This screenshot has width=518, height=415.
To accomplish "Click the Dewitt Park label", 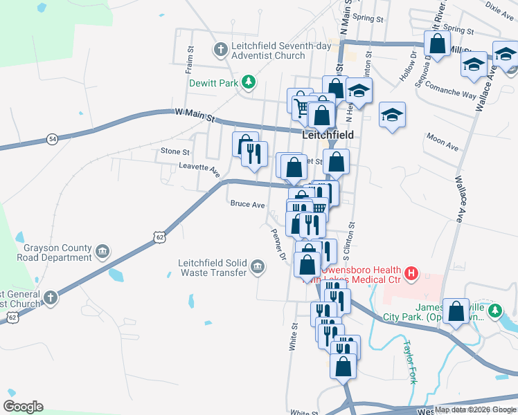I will tap(211, 83).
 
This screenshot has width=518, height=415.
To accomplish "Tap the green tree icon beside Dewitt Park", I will tap(247, 83).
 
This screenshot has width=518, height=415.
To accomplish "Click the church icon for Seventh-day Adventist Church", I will tap(220, 50).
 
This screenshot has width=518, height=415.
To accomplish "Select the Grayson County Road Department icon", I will tap(102, 250).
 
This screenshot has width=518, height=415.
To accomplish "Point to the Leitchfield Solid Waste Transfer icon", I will tap(258, 266).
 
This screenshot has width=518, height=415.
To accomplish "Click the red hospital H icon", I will tap(411, 274).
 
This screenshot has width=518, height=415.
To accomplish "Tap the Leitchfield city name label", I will tap(328, 136).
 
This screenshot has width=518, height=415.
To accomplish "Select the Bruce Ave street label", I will tap(247, 205).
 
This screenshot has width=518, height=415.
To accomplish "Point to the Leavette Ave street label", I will tap(199, 167).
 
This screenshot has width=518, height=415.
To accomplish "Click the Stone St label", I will tap(175, 151).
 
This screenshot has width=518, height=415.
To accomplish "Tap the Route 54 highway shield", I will tap(53, 139).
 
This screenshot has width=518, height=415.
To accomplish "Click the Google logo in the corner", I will tap(23, 407).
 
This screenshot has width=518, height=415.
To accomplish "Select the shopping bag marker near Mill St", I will tap(438, 44).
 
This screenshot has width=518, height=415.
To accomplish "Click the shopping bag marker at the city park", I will tap(456, 312).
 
